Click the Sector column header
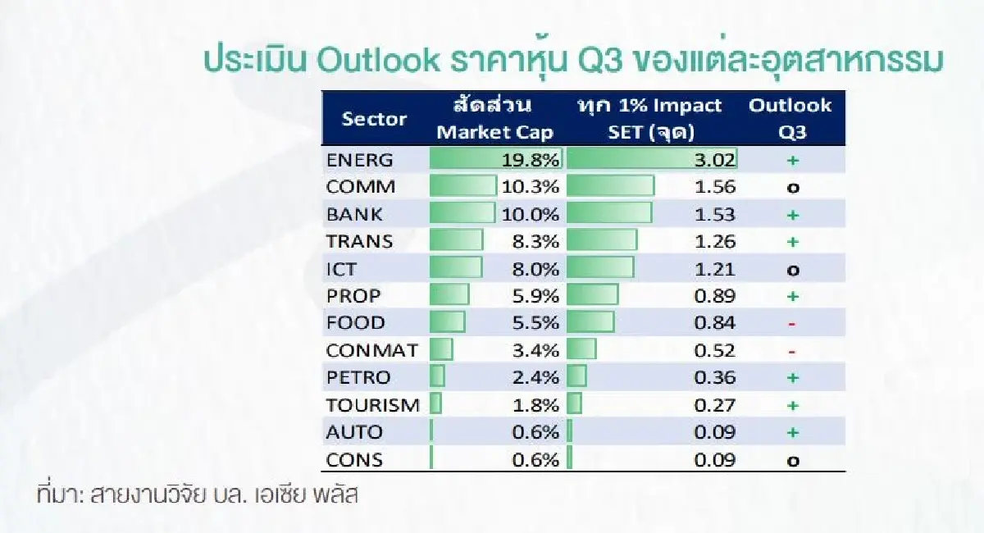coord(374,119)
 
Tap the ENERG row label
coord(358,159)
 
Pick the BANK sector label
coord(354,214)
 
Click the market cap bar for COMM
coord(463,187)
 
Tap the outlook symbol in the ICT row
coord(792,270)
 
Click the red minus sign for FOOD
coord(792,323)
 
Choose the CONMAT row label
coord(371,350)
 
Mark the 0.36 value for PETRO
coord(715,377)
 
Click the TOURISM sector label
coord(372,405)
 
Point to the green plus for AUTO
coord(792,432)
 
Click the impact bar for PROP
coord(593,296)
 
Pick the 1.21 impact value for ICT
coord(715,268)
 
